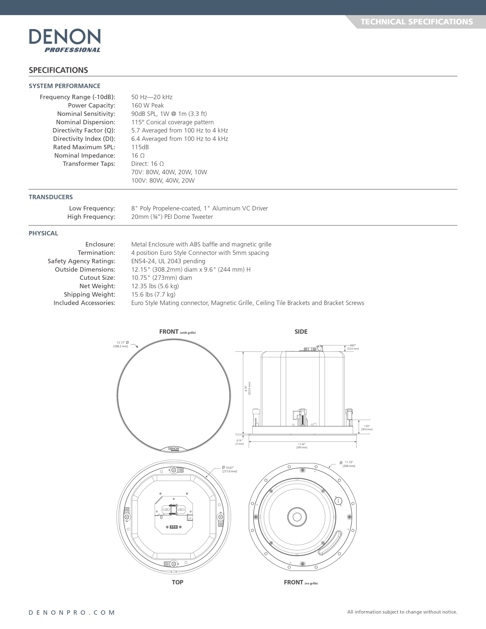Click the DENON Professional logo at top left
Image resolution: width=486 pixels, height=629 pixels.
coord(65,40)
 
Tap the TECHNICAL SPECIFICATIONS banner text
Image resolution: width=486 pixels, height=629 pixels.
coord(416,22)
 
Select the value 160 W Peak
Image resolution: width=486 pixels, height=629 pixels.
coord(147,105)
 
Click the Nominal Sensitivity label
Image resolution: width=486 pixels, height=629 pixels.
coord(86,114)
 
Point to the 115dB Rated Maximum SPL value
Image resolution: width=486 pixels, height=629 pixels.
coord(140,147)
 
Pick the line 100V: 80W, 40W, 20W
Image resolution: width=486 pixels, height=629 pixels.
coord(163,181)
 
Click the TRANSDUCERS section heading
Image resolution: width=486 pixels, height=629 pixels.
coord(51,197)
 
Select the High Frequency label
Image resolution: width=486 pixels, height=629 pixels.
coord(91,216)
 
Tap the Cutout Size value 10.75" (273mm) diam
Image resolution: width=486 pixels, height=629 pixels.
coord(162,278)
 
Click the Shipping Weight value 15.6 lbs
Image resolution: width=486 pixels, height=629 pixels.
coord(153,294)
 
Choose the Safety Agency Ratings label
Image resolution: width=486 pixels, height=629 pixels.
coord(81,261)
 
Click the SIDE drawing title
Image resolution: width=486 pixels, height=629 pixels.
coord(301,332)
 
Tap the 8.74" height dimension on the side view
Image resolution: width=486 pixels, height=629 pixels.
coord(247,388)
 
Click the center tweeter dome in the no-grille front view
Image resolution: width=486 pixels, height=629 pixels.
coord(297,517)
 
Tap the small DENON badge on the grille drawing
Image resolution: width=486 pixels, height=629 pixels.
coord(173,449)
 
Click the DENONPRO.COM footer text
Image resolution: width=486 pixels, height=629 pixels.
coord(72,613)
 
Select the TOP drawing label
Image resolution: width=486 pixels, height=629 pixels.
coord(177,582)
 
